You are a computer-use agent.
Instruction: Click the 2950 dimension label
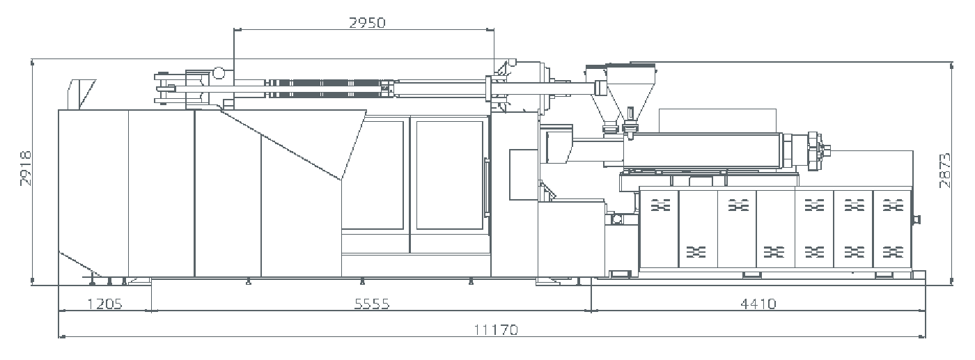point(368,23)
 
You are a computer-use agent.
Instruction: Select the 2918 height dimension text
point(26,169)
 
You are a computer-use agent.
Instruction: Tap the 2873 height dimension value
point(945,171)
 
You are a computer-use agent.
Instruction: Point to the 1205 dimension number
point(105,304)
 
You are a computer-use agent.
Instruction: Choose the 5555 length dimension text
point(372,304)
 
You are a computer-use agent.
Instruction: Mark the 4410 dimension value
point(758,304)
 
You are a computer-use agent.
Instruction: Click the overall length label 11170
point(496,330)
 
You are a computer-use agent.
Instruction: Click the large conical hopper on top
point(631,93)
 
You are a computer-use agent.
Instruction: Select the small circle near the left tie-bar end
point(219,72)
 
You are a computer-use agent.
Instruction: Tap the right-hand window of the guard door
point(450,175)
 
